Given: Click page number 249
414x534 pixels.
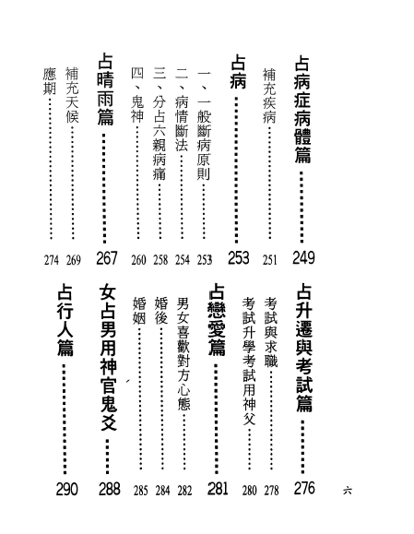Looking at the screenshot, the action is (x=303, y=257).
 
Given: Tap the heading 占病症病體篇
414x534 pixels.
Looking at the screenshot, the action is (x=302, y=110).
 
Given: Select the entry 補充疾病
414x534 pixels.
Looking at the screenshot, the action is (x=269, y=96).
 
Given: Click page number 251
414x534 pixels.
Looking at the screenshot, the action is (x=269, y=260).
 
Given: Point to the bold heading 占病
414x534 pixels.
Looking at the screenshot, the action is (x=238, y=72).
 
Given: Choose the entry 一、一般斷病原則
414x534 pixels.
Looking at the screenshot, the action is (x=205, y=125).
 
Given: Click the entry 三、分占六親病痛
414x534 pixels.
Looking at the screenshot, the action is (x=160, y=124).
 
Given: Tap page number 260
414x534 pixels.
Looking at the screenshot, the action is (x=138, y=260).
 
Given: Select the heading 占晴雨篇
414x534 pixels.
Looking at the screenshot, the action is (x=105, y=89).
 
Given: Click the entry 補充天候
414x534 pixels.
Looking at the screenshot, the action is (x=72, y=95).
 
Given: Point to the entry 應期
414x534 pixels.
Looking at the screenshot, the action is (x=50, y=81).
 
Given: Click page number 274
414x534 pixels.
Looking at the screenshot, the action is (x=52, y=260).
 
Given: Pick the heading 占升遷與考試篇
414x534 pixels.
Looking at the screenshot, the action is (x=304, y=349).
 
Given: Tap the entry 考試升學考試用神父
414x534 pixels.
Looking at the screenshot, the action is (x=249, y=361).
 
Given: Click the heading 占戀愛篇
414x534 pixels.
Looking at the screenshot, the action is (x=217, y=320).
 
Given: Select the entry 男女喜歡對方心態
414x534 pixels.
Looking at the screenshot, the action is (x=183, y=354).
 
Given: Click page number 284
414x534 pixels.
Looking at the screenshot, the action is (x=162, y=491).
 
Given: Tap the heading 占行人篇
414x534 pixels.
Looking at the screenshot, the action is (x=65, y=320).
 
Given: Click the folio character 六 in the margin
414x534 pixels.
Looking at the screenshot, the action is (x=348, y=491).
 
